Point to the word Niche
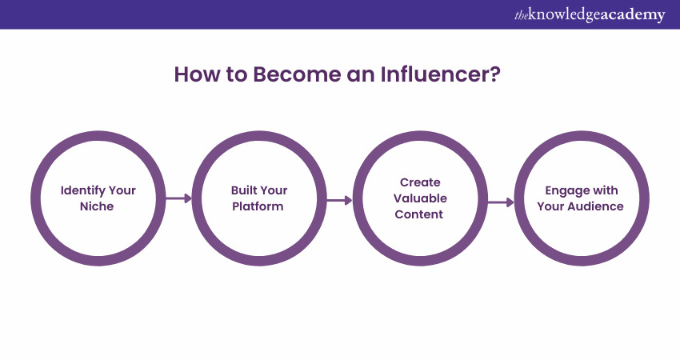click(x=98, y=206)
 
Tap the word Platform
click(x=259, y=206)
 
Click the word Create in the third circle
click(x=420, y=182)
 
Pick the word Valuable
click(x=420, y=198)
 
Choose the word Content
click(x=420, y=214)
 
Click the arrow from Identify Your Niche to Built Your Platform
click(x=178, y=198)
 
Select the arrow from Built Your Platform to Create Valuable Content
click(x=339, y=201)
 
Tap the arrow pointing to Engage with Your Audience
click(x=501, y=202)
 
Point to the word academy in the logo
click(x=632, y=15)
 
